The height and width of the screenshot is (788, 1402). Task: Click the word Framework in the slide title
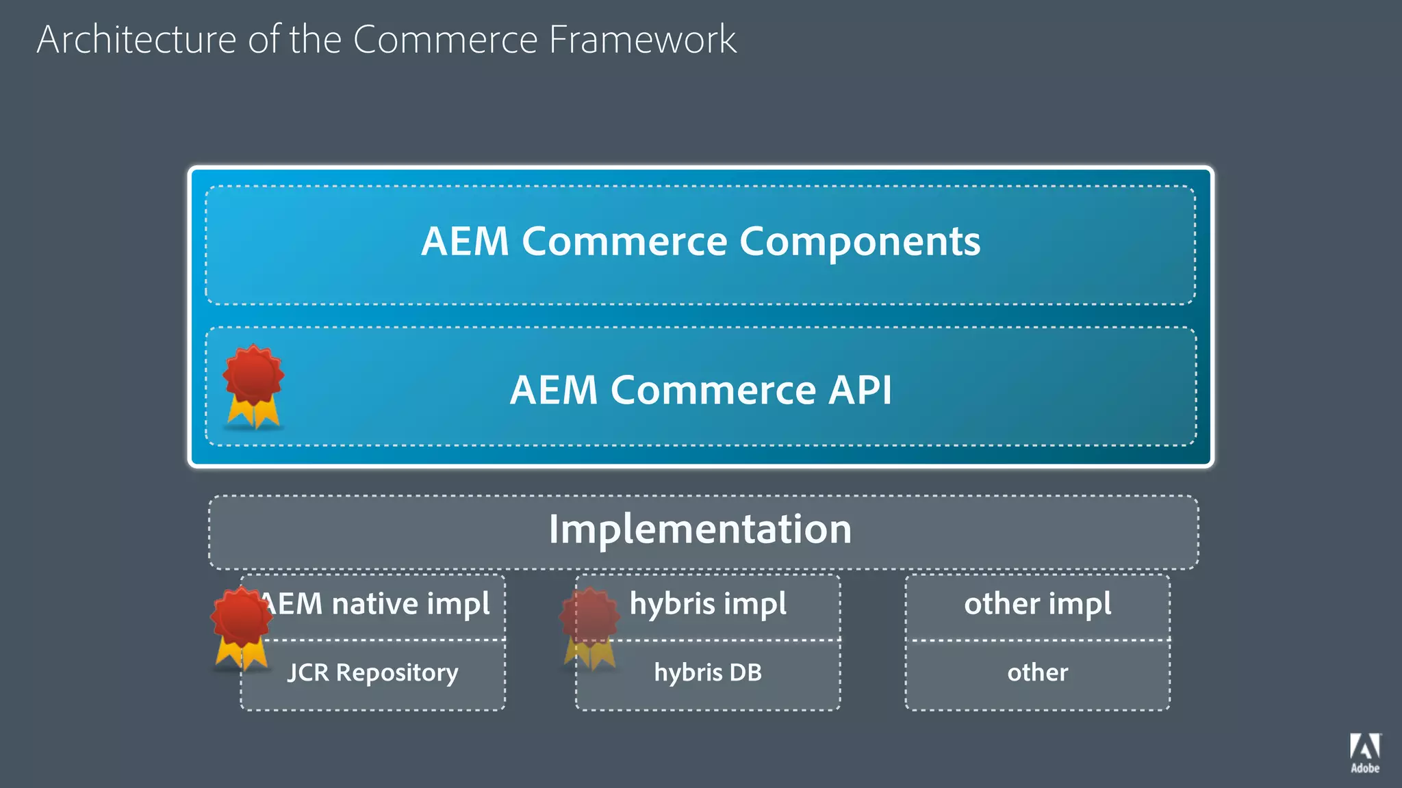tap(642, 40)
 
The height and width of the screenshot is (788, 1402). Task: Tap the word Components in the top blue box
tap(859, 241)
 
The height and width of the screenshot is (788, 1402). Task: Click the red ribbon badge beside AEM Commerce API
tap(253, 384)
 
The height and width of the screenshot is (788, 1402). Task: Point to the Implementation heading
tap(700, 529)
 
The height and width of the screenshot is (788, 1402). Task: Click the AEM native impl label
tap(375, 604)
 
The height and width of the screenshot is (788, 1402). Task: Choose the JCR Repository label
tap(372, 672)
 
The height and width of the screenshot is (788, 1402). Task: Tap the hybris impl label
tap(708, 604)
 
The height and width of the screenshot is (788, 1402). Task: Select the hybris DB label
tap(708, 672)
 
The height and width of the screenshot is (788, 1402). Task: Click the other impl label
tap(1037, 604)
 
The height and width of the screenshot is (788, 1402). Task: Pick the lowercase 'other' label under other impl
tap(1037, 672)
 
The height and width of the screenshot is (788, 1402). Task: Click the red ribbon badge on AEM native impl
tap(240, 625)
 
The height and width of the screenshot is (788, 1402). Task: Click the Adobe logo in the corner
tap(1365, 752)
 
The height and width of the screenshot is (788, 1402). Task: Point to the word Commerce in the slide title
tap(445, 40)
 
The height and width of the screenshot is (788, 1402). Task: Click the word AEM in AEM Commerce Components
tap(465, 241)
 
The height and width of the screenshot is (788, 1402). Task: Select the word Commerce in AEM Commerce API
tap(713, 390)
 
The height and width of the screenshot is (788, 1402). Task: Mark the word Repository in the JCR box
tap(397, 672)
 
